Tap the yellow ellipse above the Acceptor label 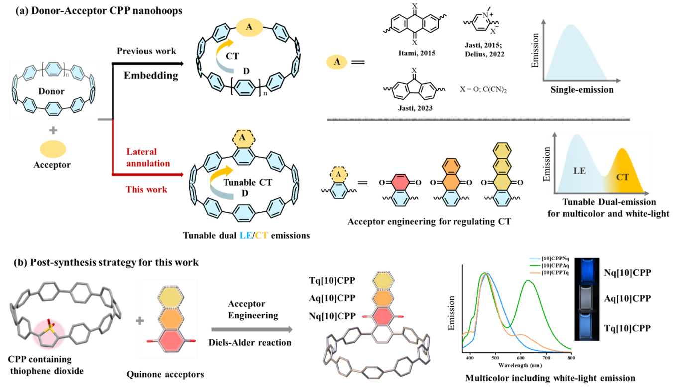[53, 149]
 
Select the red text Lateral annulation [148, 157]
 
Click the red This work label [146, 189]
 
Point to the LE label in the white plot [579, 171]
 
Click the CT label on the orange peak [622, 177]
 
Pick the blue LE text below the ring [245, 236]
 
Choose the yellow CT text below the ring [261, 236]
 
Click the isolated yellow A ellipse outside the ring [337, 62]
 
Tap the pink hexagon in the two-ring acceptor [401, 182]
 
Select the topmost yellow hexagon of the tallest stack [502, 150]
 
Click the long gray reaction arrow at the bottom [251, 329]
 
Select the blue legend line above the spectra [535, 259]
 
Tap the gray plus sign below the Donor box [53, 130]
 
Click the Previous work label [146, 51]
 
